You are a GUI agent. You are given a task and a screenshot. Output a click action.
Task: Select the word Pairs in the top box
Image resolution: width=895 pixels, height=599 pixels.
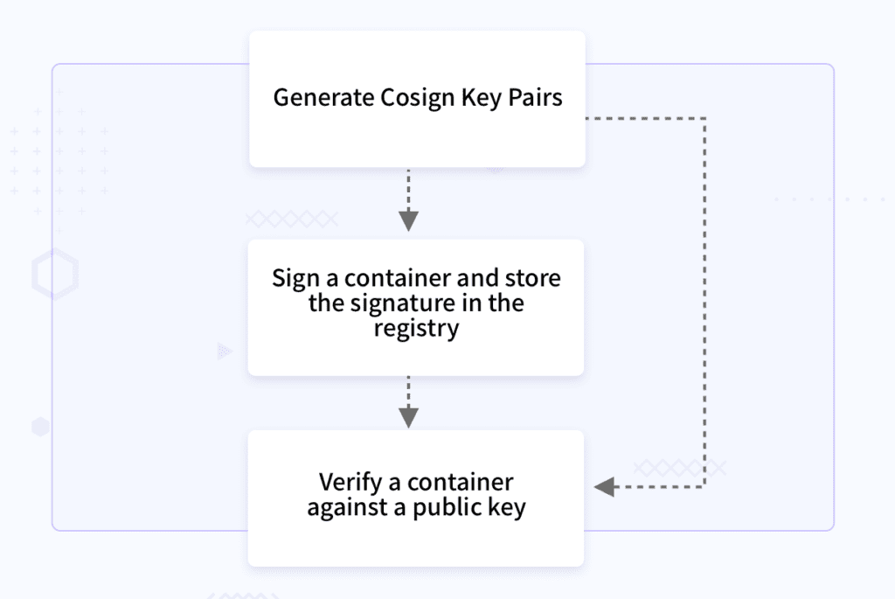click(x=535, y=98)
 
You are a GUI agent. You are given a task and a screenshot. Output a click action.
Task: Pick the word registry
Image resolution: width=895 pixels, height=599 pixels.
click(x=416, y=329)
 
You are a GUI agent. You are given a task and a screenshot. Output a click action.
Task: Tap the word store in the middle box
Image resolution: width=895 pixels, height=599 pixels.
click(x=533, y=278)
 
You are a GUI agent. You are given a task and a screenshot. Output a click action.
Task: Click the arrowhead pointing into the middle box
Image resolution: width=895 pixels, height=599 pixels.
click(x=408, y=220)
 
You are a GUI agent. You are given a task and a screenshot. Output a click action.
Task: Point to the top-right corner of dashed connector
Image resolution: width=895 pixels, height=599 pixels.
click(x=704, y=118)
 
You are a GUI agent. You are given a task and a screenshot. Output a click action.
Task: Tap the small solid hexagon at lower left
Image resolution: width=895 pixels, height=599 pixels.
click(x=40, y=428)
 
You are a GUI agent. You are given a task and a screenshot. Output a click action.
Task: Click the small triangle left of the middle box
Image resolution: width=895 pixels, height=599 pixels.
click(x=225, y=352)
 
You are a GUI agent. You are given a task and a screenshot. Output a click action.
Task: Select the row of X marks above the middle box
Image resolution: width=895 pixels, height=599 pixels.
click(x=292, y=219)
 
